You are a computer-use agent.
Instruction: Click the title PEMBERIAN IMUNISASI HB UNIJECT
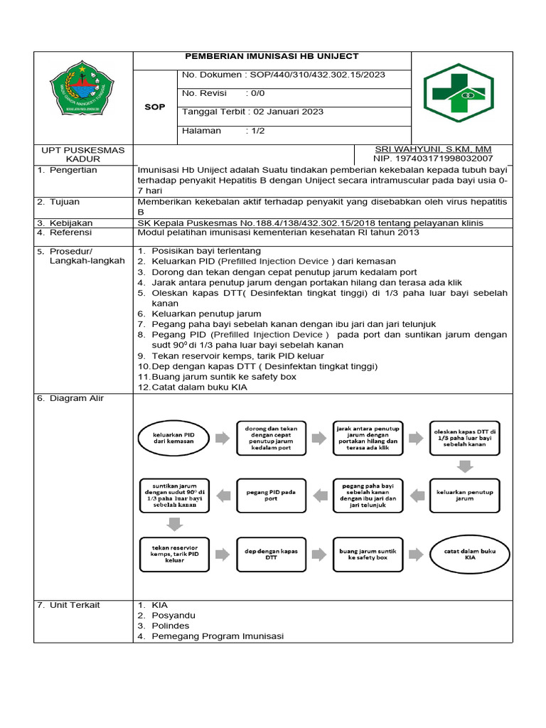pyautogui.click(x=272, y=56)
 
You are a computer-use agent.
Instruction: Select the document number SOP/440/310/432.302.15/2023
pyautogui.click(x=315, y=75)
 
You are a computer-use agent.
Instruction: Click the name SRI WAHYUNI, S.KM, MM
pyautogui.click(x=434, y=149)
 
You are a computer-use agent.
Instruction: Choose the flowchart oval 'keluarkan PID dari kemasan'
pyautogui.click(x=173, y=437)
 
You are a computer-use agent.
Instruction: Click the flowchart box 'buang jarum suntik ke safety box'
pyautogui.click(x=368, y=553)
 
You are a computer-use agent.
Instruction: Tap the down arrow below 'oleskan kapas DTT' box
pyautogui.click(x=465, y=466)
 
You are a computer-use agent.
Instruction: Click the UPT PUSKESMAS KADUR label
pyautogui.click(x=83, y=154)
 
